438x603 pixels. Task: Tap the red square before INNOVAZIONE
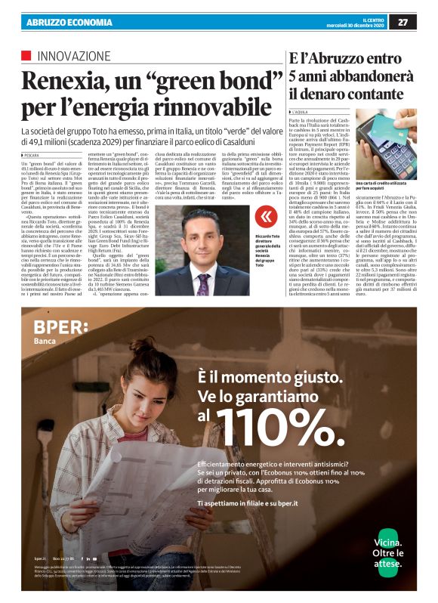[26, 55]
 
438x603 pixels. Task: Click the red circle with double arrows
[264, 217]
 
